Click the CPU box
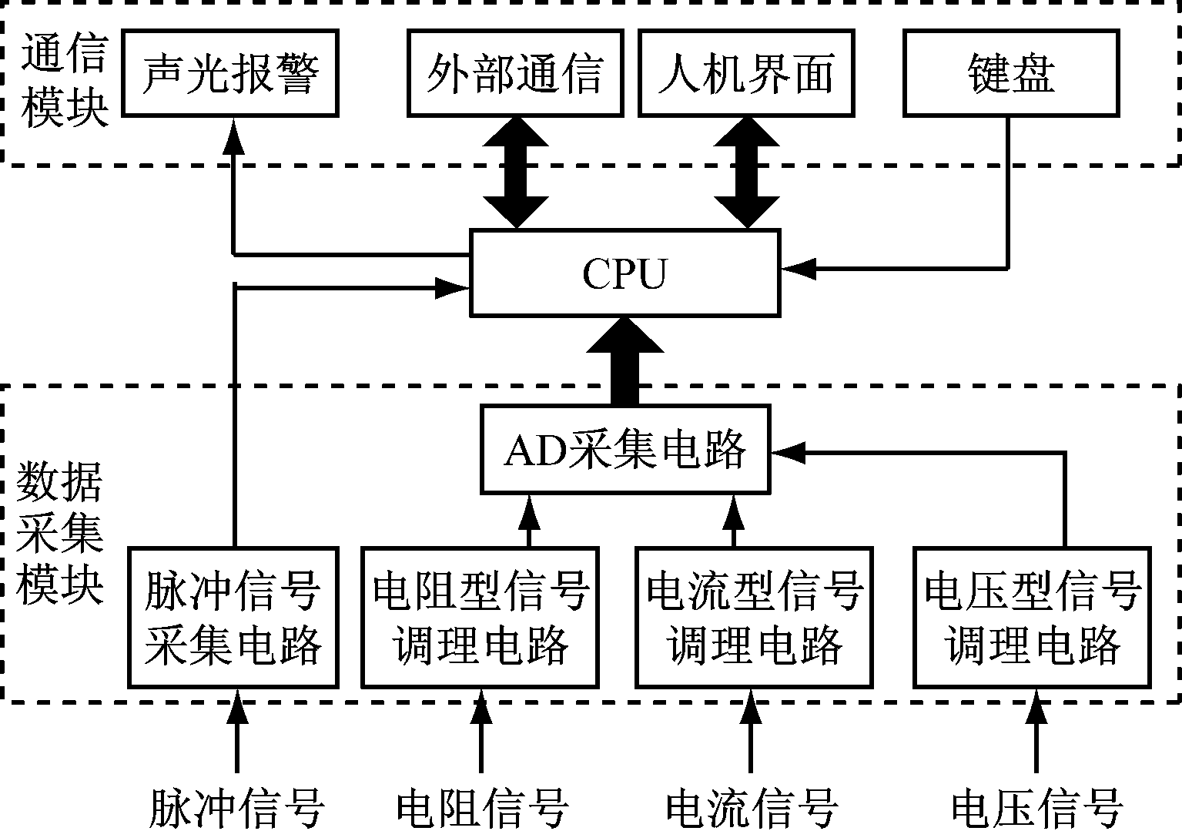(x=624, y=273)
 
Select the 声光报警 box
(x=230, y=74)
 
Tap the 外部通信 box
(x=514, y=74)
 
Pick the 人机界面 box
(x=746, y=74)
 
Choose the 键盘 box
(x=1010, y=74)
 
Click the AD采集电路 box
(x=624, y=449)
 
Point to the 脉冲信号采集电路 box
(x=233, y=617)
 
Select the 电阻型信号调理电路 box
(x=480, y=617)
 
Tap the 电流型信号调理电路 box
(x=754, y=617)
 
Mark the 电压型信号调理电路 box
(x=1032, y=617)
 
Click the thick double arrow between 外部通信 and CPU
(x=515, y=173)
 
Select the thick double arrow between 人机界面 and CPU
(x=747, y=173)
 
